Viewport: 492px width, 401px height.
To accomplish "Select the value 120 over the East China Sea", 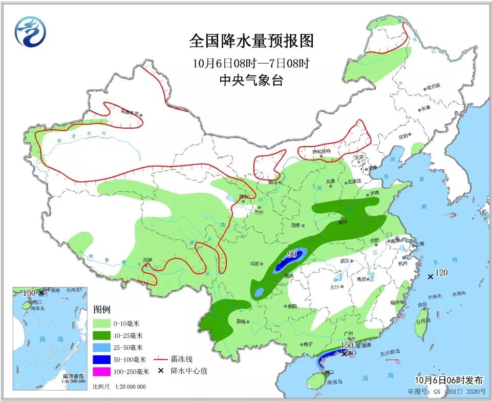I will (442, 272).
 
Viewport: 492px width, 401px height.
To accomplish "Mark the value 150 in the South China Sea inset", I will (29, 292).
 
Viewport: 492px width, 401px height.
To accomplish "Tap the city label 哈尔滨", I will (433, 88).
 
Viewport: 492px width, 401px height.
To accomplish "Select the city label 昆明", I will (240, 322).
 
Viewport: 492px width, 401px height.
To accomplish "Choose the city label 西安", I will (296, 225).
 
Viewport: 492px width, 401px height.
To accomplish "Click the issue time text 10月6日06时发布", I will (448, 380).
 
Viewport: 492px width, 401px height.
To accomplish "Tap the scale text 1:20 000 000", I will (126, 387).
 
